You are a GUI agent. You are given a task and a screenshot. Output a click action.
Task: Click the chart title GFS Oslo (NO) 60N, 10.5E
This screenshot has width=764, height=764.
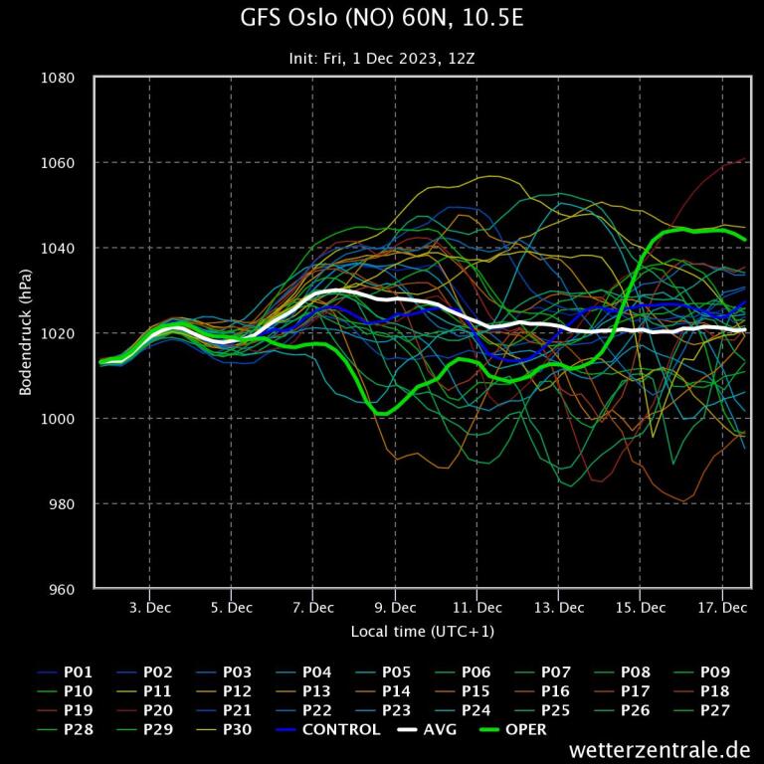click(381, 19)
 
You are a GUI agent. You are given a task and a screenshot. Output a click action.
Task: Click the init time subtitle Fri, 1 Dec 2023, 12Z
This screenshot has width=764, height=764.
click(381, 59)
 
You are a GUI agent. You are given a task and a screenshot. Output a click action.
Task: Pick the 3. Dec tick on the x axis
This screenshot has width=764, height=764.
click(149, 608)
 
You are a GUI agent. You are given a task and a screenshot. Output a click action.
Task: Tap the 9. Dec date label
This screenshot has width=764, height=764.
click(395, 608)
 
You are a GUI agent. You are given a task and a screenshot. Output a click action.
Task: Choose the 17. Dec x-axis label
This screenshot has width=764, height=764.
click(722, 608)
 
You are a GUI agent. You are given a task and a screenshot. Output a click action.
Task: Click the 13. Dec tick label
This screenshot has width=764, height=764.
click(558, 608)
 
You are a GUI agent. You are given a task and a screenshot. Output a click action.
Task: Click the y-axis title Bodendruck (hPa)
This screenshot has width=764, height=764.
click(27, 333)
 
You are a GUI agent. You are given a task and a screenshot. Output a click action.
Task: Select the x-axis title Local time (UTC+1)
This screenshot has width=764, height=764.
click(422, 632)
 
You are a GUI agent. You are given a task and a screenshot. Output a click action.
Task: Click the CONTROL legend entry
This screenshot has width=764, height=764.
click(341, 730)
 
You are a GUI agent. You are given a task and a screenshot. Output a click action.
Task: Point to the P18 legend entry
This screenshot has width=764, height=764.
click(716, 691)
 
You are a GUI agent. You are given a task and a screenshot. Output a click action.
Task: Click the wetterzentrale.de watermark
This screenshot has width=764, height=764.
click(660, 749)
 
